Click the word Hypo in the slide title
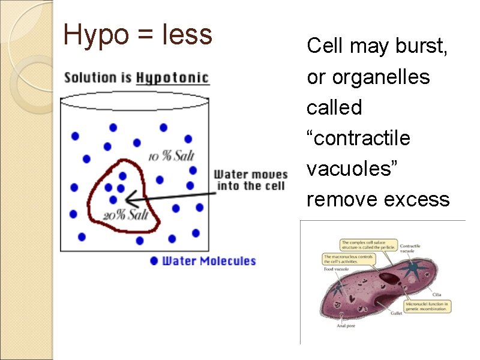pos(94,35)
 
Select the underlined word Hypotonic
pos(172,78)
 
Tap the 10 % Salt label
pos(172,155)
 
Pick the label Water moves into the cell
pos(250,180)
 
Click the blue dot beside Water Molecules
pos(154,261)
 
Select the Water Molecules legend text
pos(209,261)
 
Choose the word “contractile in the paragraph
pos(358,139)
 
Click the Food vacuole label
pos(334,270)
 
